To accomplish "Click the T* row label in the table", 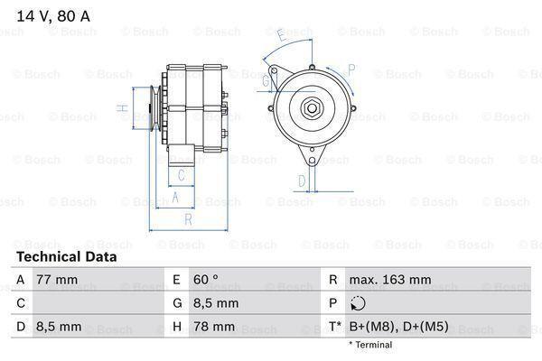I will tap(336, 325).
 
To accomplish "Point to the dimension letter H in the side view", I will tap(121, 109).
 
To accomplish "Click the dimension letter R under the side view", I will tap(187, 219).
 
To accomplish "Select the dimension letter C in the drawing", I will tap(182, 175).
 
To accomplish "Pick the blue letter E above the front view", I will tap(282, 36).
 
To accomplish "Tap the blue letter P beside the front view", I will tap(351, 68).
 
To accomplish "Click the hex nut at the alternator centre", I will tap(312, 108).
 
